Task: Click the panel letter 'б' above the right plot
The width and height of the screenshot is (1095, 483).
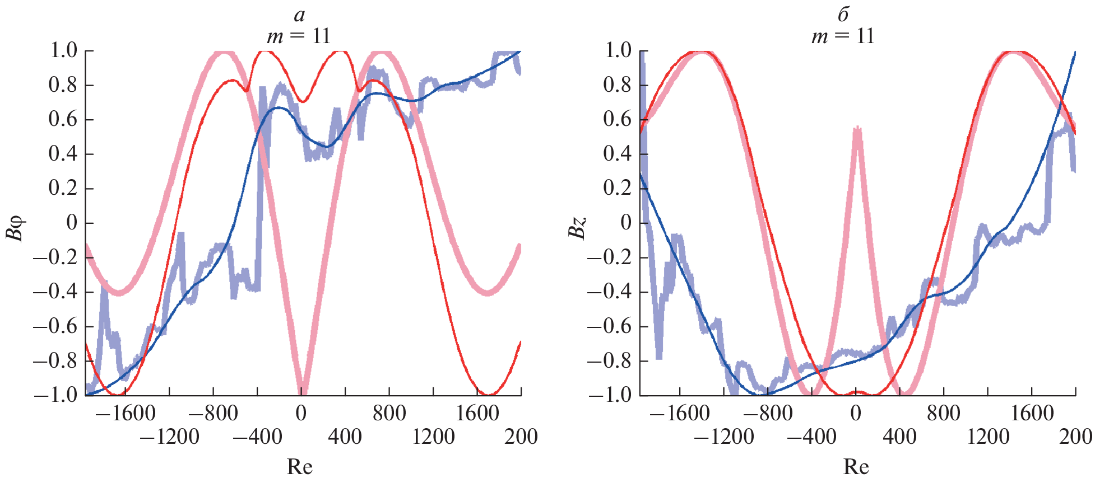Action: pyautogui.click(x=843, y=15)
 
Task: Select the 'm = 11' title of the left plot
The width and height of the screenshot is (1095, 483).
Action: pyautogui.click(x=299, y=36)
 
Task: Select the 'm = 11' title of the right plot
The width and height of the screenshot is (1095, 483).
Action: pyautogui.click(x=843, y=36)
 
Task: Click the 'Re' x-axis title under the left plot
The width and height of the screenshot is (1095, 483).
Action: pyautogui.click(x=300, y=466)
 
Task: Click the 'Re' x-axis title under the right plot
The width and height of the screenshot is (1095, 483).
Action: pyautogui.click(x=856, y=466)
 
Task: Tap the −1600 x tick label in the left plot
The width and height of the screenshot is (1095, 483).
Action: pyautogui.click(x=124, y=414)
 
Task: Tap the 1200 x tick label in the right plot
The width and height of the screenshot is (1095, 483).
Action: pyautogui.click(x=988, y=437)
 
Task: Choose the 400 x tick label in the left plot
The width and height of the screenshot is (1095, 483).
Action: pyautogui.click(x=345, y=437)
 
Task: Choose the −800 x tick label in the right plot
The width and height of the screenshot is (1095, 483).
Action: pyautogui.click(x=768, y=414)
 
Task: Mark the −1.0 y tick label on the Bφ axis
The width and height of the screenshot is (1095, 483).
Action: pyautogui.click(x=56, y=395)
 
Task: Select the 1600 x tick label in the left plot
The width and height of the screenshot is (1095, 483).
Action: pyautogui.click(x=477, y=414)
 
